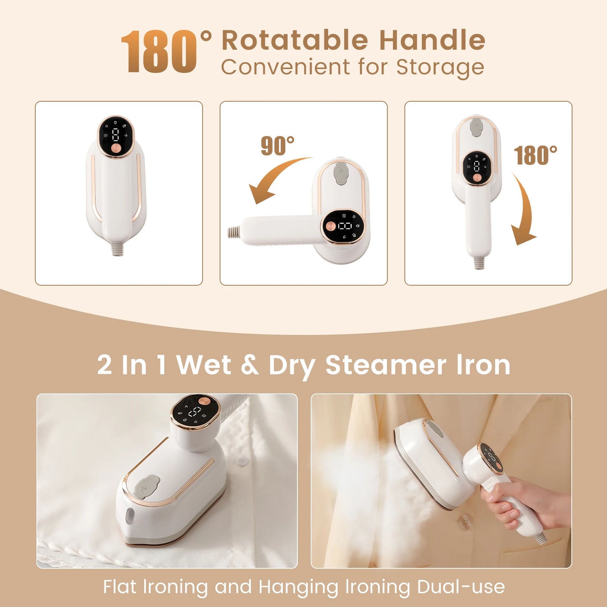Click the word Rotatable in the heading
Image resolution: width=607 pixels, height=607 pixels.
pyautogui.click(x=294, y=40)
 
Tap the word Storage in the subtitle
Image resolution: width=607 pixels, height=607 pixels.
pyautogui.click(x=440, y=67)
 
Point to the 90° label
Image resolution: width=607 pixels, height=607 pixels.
pyautogui.click(x=277, y=146)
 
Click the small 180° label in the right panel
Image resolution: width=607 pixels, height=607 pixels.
pyautogui.click(x=535, y=155)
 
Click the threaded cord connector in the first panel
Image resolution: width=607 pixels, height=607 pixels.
pyautogui.click(x=117, y=249)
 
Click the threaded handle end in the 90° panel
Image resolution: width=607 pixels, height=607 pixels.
pyautogui.click(x=234, y=231)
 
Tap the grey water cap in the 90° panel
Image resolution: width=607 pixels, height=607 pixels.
pyautogui.click(x=341, y=173)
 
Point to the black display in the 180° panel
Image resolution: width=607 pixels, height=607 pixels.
pyautogui.click(x=477, y=167)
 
